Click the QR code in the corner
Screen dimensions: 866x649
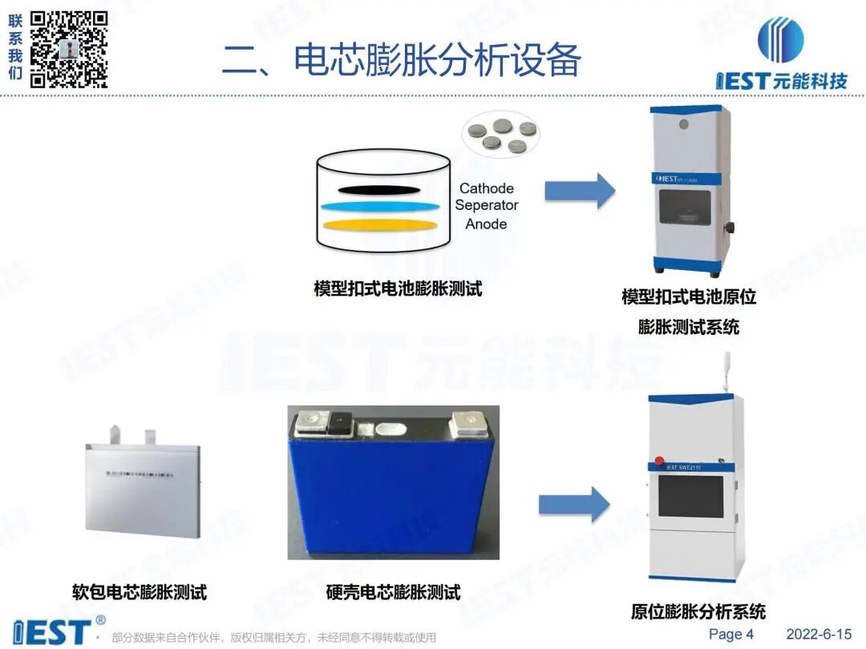pos(69,49)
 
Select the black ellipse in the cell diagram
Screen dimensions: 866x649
pos(382,190)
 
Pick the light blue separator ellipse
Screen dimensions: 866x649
pos(382,206)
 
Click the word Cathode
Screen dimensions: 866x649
pos(486,189)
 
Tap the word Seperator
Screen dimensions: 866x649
pos(486,206)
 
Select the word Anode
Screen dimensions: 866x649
pos(486,224)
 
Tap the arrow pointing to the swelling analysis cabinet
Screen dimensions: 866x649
pos(573,504)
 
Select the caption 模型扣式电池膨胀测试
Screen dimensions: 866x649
pos(398,289)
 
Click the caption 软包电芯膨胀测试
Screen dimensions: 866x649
pos(140,593)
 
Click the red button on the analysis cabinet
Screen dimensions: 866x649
pos(660,460)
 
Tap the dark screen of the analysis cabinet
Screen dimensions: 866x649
pos(690,497)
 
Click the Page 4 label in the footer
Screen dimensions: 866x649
pos(730,634)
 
